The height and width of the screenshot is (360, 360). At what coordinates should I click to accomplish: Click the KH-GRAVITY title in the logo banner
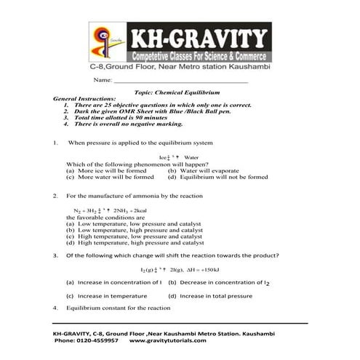click(196, 37)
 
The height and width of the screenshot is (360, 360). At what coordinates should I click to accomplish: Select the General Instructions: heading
click(86, 98)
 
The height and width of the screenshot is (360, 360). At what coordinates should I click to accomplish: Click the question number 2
click(56, 196)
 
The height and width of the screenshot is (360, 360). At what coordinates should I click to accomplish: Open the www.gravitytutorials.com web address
click(168, 340)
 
